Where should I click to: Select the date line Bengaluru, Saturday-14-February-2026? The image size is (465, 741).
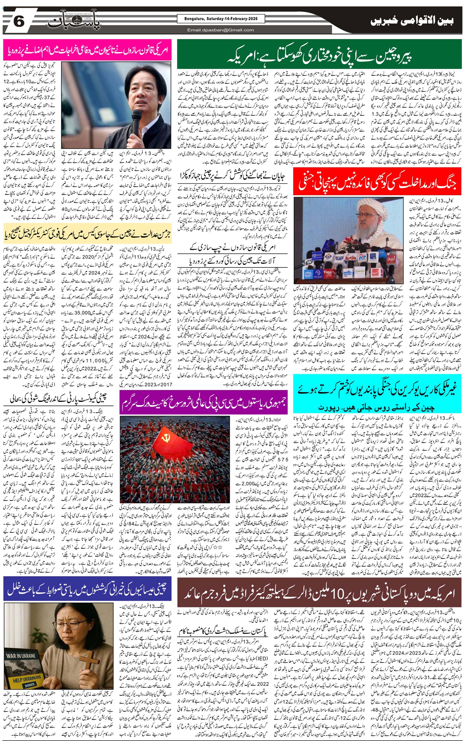[x=221, y=19]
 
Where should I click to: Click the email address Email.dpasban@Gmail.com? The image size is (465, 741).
[x=221, y=30]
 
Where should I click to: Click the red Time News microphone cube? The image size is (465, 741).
[x=328, y=273]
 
